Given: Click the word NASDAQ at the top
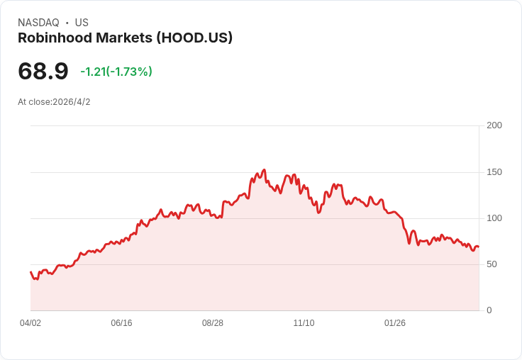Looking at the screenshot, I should click(x=38, y=23).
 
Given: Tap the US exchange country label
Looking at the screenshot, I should click(x=82, y=23).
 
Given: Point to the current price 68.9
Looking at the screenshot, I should click(x=43, y=71).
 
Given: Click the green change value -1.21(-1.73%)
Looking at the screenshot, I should click(x=116, y=72).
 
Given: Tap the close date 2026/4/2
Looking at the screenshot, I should click(x=72, y=102).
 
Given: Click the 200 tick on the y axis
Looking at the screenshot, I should click(x=494, y=125).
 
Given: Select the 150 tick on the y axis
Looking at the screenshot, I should click(x=494, y=172).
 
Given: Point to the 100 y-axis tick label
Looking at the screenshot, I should click(x=494, y=218).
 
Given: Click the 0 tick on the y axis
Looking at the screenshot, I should click(x=489, y=310).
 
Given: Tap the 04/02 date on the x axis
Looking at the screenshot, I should click(x=30, y=323).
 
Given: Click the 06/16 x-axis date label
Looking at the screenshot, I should click(x=121, y=323).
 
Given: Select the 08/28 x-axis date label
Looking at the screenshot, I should click(x=213, y=323).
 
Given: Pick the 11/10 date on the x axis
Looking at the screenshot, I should click(x=304, y=323).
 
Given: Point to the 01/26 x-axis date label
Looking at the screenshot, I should click(x=395, y=323).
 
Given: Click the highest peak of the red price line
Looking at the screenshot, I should click(x=264, y=170).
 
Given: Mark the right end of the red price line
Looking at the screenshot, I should click(x=478, y=247).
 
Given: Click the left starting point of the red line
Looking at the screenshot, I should click(x=30, y=272).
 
